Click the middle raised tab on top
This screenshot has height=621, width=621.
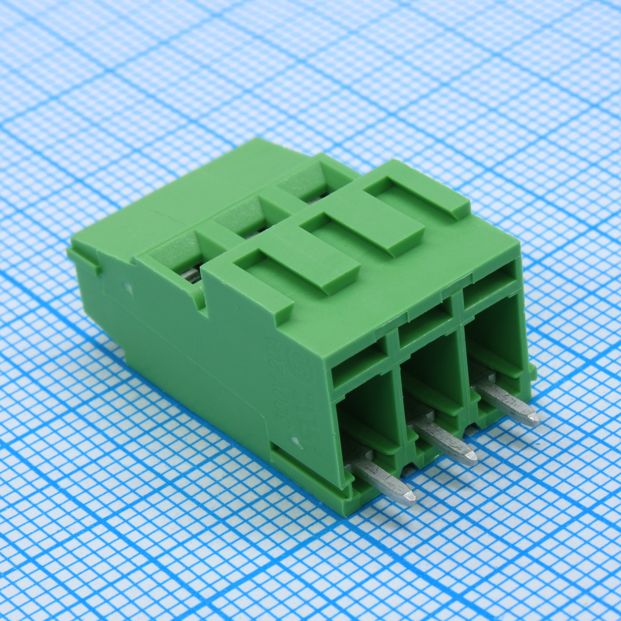[360, 233]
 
